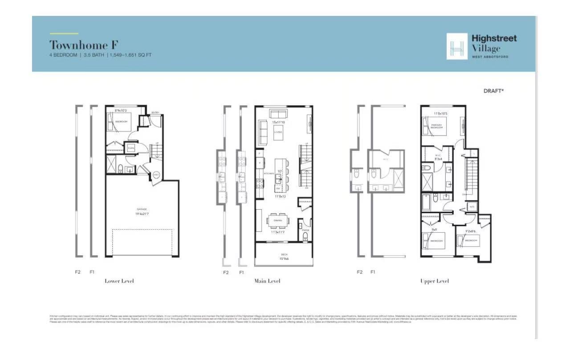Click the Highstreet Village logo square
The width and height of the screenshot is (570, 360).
tap(457, 46)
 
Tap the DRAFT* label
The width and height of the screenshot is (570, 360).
tap(493, 91)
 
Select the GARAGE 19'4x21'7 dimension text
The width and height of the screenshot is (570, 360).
tap(142, 212)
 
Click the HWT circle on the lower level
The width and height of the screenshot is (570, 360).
tap(156, 175)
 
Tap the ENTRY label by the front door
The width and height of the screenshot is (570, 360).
tap(155, 113)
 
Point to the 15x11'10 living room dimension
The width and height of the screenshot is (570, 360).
tap(278, 122)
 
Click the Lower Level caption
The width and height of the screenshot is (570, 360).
tap(119, 281)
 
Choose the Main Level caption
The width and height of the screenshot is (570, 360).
tap(267, 281)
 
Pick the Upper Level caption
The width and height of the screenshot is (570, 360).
tap(434, 281)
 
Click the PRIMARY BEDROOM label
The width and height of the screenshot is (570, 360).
tap(436, 126)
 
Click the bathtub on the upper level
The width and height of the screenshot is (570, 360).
tap(427, 203)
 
